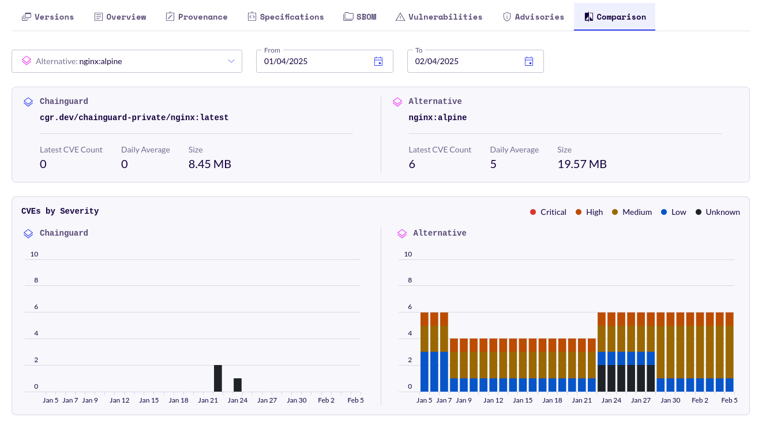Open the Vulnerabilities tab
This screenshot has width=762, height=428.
pyautogui.click(x=438, y=17)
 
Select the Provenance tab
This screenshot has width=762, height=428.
pyautogui.click(x=196, y=17)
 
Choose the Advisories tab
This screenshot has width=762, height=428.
pyautogui.click(x=533, y=17)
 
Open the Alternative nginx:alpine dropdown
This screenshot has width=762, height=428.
pyautogui.click(x=127, y=61)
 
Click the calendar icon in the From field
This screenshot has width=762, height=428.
pyautogui.click(x=378, y=61)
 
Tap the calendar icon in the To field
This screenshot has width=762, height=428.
pyautogui.click(x=529, y=61)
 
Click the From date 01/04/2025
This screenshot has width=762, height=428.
pyautogui.click(x=286, y=61)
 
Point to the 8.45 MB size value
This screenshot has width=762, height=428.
pyautogui.click(x=209, y=164)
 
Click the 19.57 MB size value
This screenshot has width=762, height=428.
pyautogui.click(x=581, y=164)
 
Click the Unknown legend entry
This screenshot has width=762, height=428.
pyautogui.click(x=718, y=212)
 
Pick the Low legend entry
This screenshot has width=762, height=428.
pyautogui.click(x=673, y=212)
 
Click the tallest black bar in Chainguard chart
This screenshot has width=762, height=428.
pyautogui.click(x=218, y=378)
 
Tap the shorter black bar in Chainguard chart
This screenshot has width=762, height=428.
pyautogui.click(x=238, y=385)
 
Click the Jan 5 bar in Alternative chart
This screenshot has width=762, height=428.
pyautogui.click(x=425, y=352)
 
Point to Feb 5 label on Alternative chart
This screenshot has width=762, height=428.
pyautogui.click(x=729, y=400)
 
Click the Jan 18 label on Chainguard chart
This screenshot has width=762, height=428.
pyautogui.click(x=178, y=400)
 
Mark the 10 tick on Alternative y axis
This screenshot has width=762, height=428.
pyautogui.click(x=408, y=254)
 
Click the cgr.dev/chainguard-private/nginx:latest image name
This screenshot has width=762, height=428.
pyautogui.click(x=134, y=118)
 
